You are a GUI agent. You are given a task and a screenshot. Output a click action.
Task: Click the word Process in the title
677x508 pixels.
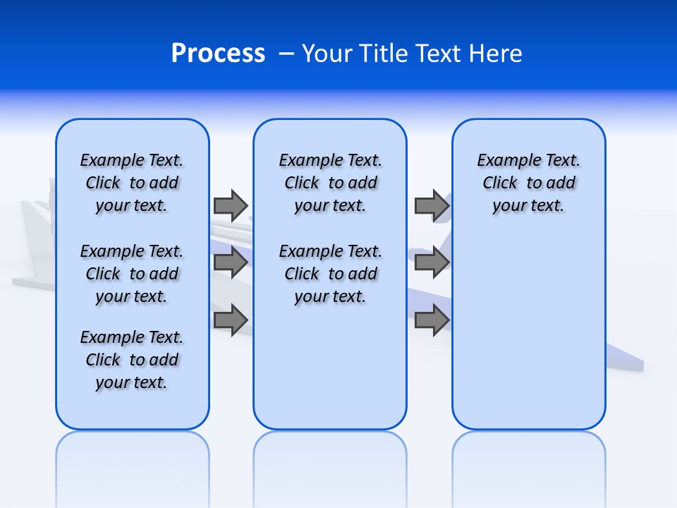[218, 54]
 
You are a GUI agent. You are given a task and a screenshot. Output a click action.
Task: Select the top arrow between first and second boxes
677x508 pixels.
[231, 205]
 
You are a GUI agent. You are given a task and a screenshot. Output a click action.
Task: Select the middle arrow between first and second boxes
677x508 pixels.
[231, 262]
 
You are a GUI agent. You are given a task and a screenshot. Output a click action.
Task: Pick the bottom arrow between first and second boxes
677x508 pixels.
[231, 320]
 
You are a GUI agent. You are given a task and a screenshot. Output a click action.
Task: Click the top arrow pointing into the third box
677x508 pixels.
[432, 205]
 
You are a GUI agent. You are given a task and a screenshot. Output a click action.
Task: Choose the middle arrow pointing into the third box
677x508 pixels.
[432, 262]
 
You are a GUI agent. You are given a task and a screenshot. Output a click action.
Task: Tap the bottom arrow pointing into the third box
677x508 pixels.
[432, 320]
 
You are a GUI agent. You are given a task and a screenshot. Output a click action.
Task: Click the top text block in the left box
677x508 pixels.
[132, 183]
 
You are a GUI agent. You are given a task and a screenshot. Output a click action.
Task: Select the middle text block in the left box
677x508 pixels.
[132, 274]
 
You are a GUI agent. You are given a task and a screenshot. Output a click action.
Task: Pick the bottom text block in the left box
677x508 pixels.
[132, 360]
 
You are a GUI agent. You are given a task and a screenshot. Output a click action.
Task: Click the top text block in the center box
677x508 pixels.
[330, 183]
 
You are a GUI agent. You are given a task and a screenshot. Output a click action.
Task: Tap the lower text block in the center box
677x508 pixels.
[330, 274]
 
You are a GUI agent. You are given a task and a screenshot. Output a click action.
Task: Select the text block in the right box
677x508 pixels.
[528, 183]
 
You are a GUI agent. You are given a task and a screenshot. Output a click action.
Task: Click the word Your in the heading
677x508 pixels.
[327, 54]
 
